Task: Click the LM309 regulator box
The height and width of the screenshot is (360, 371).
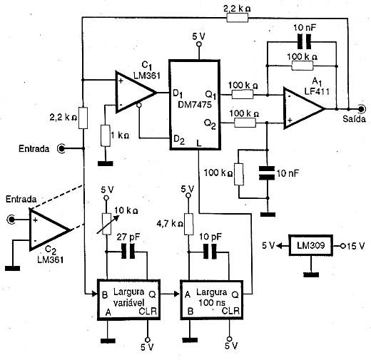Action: (310, 245)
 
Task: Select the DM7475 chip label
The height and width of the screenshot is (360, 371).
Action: (195, 105)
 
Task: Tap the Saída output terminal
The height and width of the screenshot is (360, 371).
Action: (362, 109)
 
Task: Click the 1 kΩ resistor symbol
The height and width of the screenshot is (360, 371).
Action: (106, 135)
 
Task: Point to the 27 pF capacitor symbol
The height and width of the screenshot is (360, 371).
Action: (128, 252)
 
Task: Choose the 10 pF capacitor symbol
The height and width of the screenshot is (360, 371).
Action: (210, 252)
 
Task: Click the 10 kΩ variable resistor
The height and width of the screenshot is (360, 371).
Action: (106, 224)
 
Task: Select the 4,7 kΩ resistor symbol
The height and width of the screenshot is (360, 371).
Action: (189, 225)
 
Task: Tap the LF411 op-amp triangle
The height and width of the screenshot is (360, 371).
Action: (304, 109)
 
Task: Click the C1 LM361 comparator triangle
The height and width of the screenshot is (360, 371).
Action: (136, 92)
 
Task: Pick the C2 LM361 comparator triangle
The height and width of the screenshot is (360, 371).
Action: (49, 230)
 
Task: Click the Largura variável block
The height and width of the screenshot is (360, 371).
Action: (128, 299)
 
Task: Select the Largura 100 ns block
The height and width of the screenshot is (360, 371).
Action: (212, 299)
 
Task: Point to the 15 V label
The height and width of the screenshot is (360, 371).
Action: (355, 246)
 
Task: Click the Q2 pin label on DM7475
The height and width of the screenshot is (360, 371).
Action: (210, 124)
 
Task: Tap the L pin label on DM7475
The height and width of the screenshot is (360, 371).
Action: (199, 143)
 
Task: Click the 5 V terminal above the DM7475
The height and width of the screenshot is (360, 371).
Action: (199, 44)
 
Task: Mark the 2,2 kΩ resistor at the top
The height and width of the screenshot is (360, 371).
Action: (238, 17)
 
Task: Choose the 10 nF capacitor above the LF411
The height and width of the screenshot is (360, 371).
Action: (305, 42)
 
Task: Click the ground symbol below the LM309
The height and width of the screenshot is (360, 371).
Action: (311, 274)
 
